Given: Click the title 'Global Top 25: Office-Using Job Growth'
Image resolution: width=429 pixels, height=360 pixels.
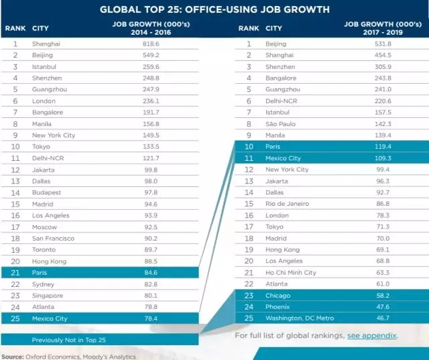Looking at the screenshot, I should point(214,9).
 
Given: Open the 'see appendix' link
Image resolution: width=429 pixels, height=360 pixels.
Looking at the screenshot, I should point(372,335).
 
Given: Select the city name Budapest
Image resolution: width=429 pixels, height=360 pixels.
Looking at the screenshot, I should point(46,192).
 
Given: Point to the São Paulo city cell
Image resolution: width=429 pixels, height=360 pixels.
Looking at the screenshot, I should point(282,123).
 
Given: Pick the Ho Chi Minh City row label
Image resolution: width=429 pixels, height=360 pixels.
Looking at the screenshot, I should point(291,272).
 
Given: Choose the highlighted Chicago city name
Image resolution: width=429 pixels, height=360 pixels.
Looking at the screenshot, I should point(278,295).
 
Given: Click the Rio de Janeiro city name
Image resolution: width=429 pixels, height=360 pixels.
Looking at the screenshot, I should point(288,203).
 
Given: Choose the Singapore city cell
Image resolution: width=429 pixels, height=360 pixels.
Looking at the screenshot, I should point(48,295).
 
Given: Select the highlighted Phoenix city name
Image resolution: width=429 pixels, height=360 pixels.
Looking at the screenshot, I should point(279,306).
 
